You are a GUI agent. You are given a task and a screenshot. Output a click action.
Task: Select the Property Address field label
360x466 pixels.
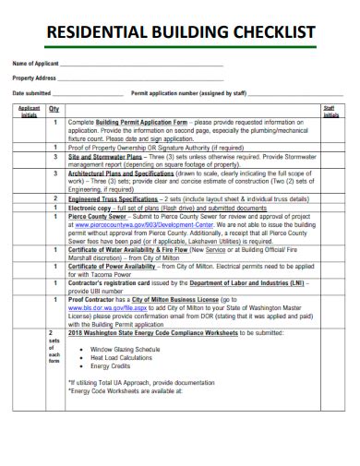[34, 78]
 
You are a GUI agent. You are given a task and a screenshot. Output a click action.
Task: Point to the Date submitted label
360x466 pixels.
[31, 93]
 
